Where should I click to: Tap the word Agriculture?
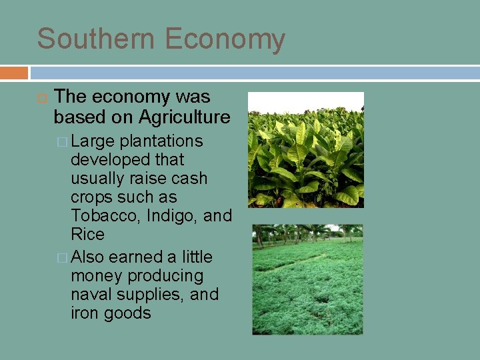click(184, 117)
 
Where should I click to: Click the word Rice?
click(87, 235)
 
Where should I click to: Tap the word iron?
click(85, 313)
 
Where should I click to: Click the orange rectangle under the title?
click(14, 73)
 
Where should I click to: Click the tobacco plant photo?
click(306, 150)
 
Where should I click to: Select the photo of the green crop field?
click(307, 279)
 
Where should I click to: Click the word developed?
click(109, 160)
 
